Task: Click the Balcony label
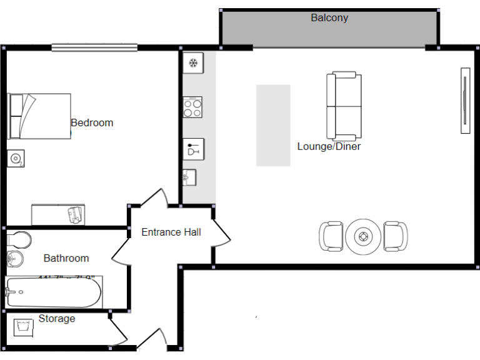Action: pos(329,18)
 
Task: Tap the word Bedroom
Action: pos(92,122)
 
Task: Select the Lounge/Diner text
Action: pos(329,147)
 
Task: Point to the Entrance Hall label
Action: pos(171,232)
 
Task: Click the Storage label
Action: pos(57,319)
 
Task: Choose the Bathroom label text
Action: pos(66,258)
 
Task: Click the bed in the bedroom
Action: pos(39,116)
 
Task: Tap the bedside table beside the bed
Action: pos(16,159)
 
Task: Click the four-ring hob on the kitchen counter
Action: pos(192,108)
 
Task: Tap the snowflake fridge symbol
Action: pos(194,62)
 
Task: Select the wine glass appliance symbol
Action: pos(193,149)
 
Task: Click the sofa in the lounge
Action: pos(344,106)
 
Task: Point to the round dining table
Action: pos(363,237)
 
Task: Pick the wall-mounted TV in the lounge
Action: pos(465,101)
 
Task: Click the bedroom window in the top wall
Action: pos(94,47)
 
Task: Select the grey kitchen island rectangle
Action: pos(273,125)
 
